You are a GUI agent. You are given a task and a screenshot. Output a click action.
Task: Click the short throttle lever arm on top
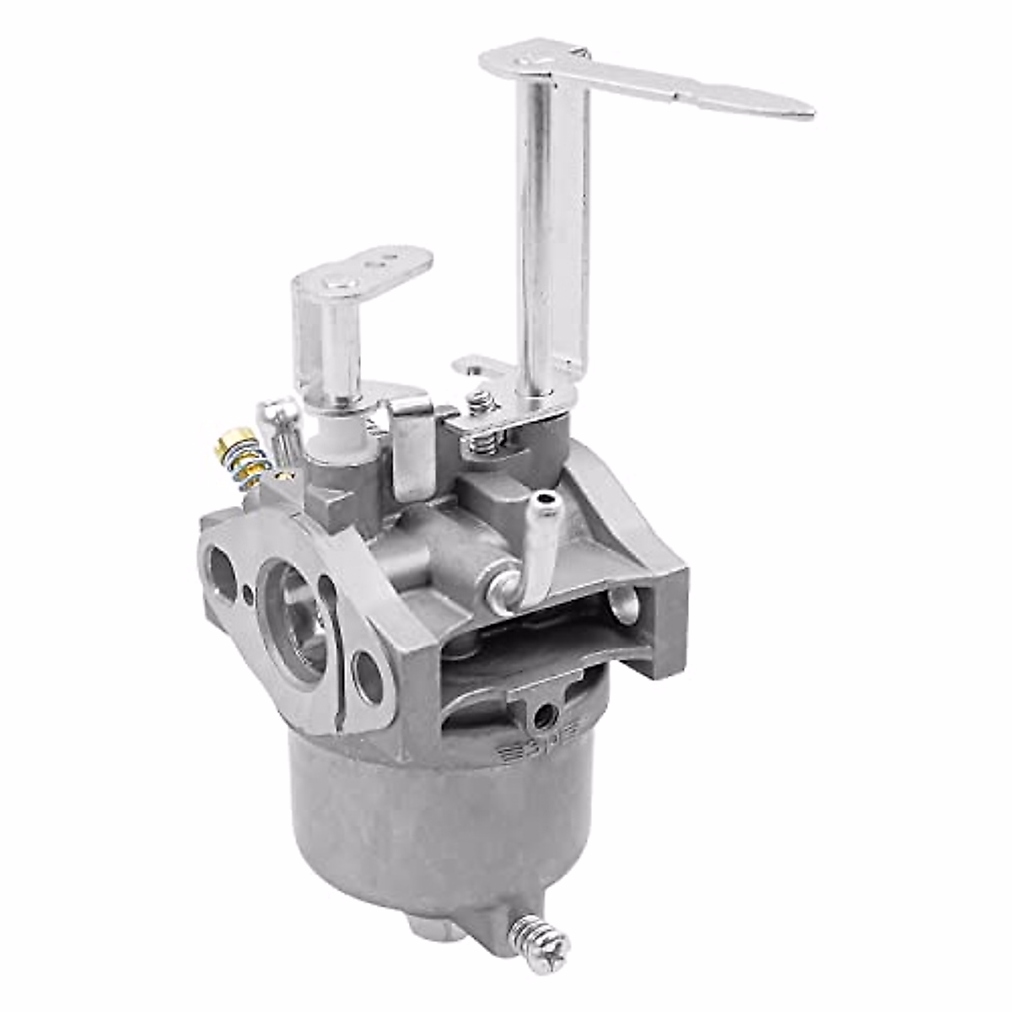click(371, 268)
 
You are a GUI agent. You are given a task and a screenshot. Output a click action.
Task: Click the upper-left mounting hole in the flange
click(221, 573)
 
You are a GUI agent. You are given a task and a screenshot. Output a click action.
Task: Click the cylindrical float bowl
click(439, 826)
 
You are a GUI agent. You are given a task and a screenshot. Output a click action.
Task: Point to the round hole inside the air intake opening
click(625, 604)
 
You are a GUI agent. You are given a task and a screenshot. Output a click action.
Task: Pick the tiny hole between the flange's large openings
click(248, 595)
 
